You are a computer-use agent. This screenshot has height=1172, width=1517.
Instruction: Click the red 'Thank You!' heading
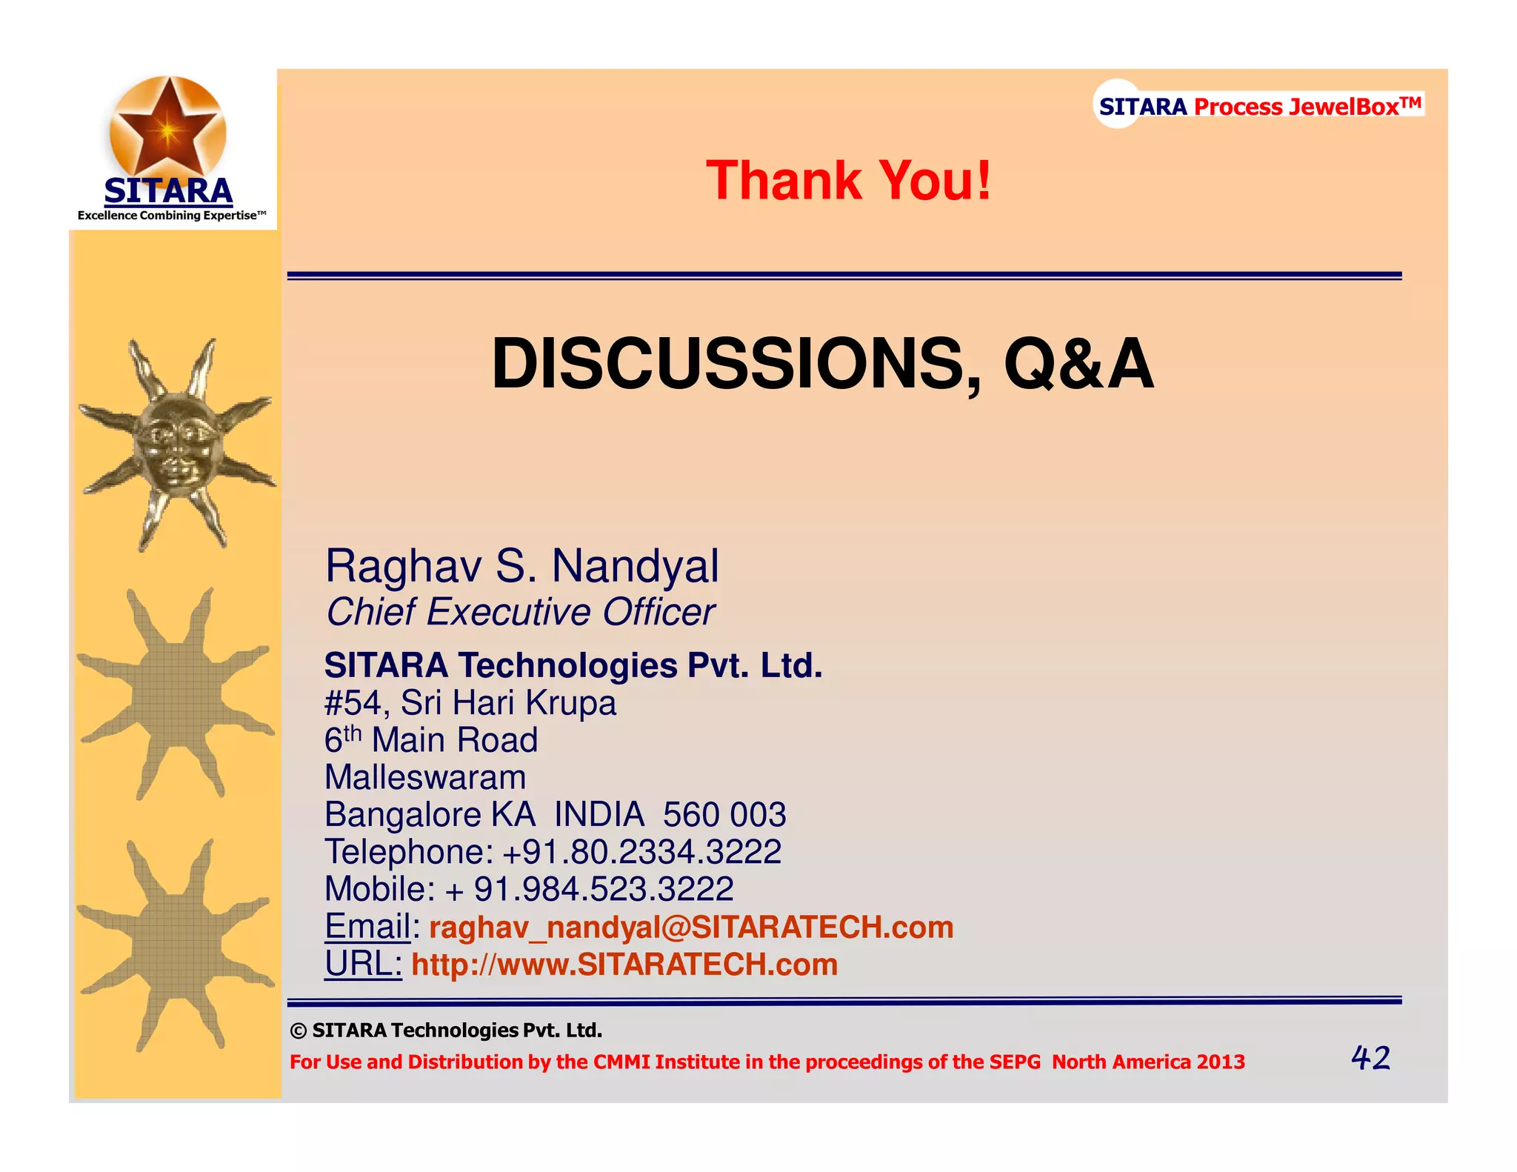(x=848, y=181)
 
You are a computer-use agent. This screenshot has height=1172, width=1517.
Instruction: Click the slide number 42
(x=1370, y=1058)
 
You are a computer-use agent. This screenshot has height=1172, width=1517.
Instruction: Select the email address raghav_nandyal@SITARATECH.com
(x=691, y=928)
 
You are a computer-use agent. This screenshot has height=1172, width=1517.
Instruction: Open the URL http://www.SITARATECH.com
(x=624, y=965)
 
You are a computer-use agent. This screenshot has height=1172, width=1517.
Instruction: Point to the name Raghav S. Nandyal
(x=521, y=566)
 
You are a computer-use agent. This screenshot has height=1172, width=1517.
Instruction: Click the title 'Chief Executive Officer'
(x=520, y=613)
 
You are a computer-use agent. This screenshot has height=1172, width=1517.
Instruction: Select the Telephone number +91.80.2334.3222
(x=641, y=852)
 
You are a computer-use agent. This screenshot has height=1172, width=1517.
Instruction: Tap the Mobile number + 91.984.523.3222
(x=590, y=889)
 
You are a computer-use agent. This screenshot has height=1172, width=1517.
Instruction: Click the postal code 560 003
(x=724, y=815)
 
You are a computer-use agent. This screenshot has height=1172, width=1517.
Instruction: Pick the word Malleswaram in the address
(x=425, y=778)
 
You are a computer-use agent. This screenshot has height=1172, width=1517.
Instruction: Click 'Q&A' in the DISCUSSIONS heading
(x=1078, y=364)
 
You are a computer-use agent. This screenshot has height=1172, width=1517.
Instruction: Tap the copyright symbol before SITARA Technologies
(x=298, y=1031)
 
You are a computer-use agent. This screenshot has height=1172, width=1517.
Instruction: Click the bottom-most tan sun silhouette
(x=176, y=945)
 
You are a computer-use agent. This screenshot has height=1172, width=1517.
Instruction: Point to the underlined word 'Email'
(x=367, y=927)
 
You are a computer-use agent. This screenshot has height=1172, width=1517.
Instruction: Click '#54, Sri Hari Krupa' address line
(x=470, y=703)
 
